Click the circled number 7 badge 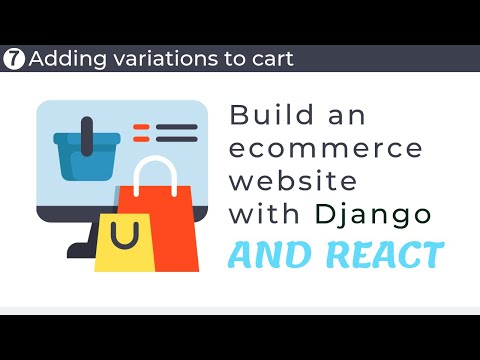pos(14,58)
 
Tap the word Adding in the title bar pos(62,59)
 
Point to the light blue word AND pos(265,255)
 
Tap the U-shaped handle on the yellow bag pos(124,238)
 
